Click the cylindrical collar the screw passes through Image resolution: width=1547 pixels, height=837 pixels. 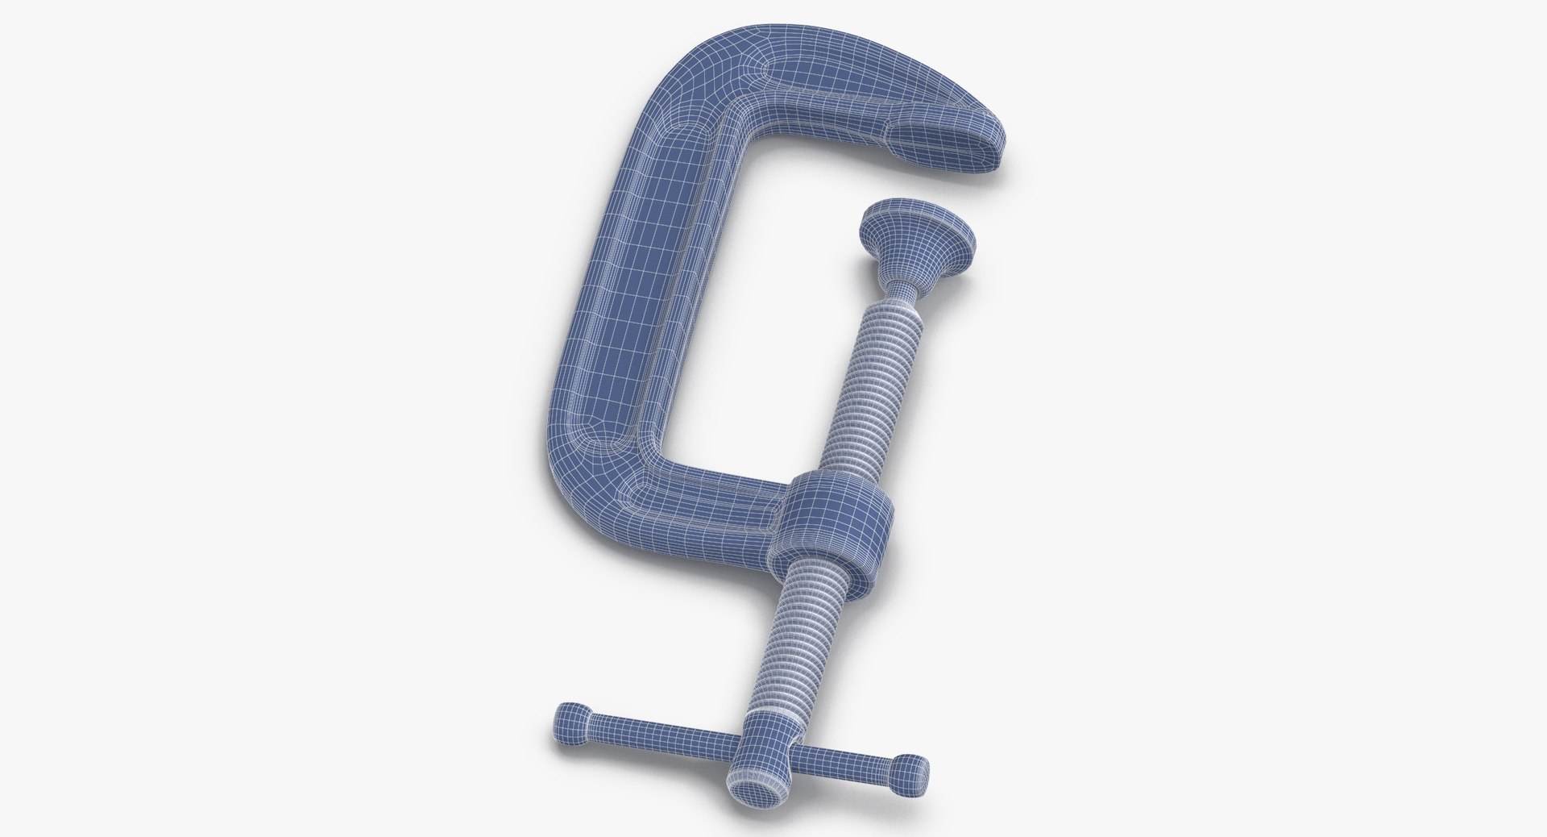click(x=838, y=528)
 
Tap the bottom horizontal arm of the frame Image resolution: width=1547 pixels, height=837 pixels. click(x=701, y=504)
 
